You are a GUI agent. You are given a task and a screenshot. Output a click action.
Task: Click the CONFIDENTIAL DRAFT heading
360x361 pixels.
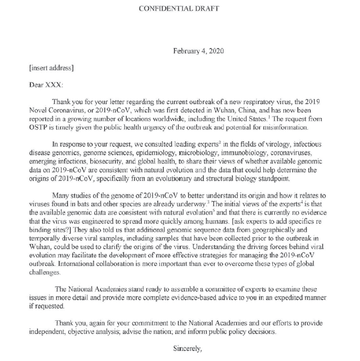pos(180,8)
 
